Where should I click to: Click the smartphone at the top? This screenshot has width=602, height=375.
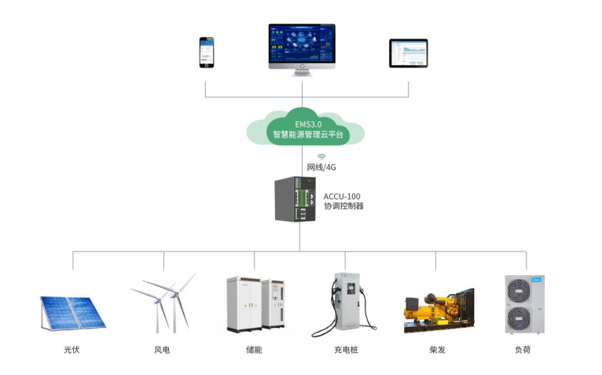click(207, 52)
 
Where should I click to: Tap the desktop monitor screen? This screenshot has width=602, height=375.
click(302, 43)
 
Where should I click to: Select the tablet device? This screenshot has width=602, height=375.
click(408, 53)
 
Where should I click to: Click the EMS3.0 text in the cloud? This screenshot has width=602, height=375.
click(308, 124)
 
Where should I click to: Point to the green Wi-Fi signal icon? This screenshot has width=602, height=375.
click(321, 156)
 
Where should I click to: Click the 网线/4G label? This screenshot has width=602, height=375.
click(321, 167)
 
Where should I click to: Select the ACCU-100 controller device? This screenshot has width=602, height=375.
click(295, 199)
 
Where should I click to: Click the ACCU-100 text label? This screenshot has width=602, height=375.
click(342, 197)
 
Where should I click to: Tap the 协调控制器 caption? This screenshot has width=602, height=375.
click(343, 206)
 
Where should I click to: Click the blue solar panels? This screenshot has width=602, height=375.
click(73, 313)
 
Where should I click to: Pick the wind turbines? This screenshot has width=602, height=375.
click(164, 303)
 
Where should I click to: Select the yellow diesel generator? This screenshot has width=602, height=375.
click(439, 311)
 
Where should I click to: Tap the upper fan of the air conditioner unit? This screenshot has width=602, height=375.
click(519, 290)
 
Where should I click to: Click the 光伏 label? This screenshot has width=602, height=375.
click(72, 350)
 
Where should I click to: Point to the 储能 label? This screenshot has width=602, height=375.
click(254, 350)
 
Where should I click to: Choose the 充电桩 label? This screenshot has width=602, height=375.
click(346, 350)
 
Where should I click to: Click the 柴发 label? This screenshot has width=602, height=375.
click(437, 350)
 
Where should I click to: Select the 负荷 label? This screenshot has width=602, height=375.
click(523, 350)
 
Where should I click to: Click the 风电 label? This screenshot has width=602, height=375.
click(162, 350)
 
